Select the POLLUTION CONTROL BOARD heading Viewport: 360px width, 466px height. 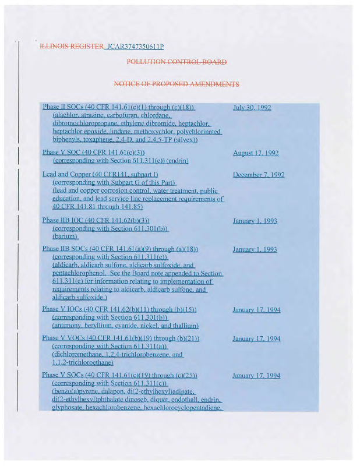click(177, 62)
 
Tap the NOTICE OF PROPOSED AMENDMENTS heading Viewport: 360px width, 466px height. click(177, 84)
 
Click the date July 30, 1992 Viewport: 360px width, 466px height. click(252, 108)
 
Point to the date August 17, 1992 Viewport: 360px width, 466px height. click(256, 153)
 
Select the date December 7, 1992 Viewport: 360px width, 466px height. click(259, 175)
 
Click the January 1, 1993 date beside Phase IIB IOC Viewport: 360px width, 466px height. click(255, 221)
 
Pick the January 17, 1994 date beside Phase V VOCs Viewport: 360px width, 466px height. click(256, 338)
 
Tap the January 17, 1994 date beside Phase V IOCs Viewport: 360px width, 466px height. click(256, 310)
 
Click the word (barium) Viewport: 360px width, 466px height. click(65, 237)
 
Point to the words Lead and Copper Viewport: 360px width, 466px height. click(66, 175)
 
